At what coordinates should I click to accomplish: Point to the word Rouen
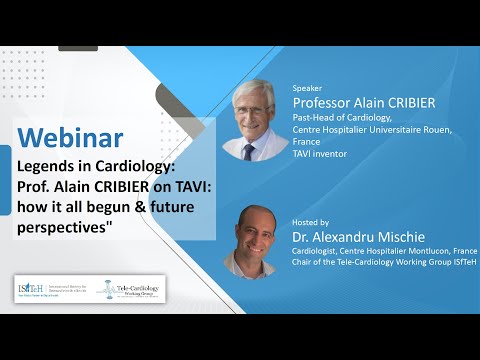coord(444,128)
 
